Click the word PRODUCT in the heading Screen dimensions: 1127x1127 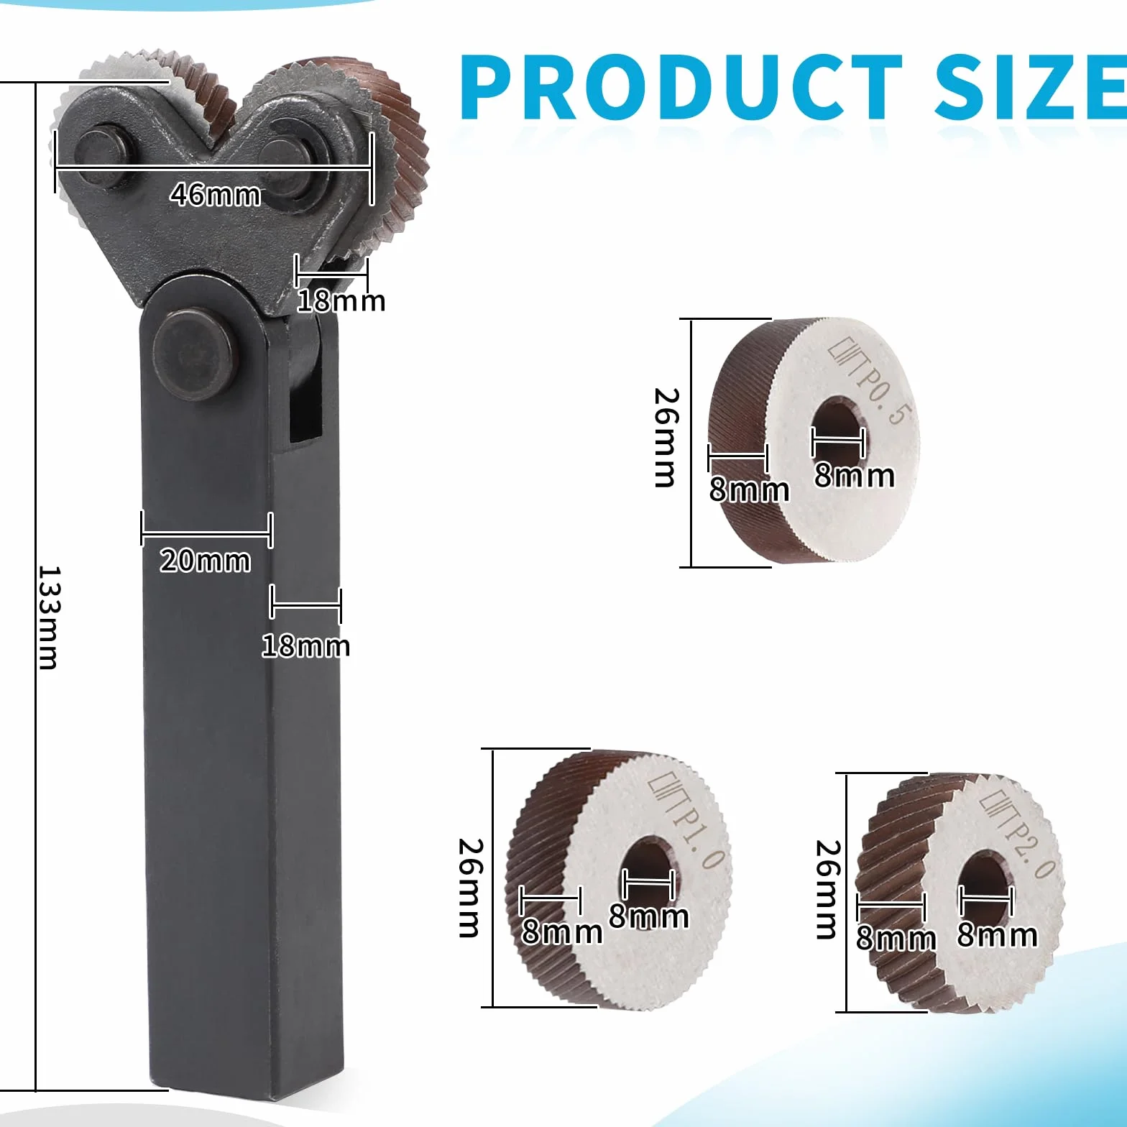tap(681, 88)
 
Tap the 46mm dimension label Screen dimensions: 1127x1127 tap(215, 194)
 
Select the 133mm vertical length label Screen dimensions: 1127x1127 tap(49, 617)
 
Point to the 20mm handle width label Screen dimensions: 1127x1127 tap(205, 561)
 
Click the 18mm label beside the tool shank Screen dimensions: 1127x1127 tap(305, 646)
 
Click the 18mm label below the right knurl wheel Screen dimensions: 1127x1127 tap(341, 300)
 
